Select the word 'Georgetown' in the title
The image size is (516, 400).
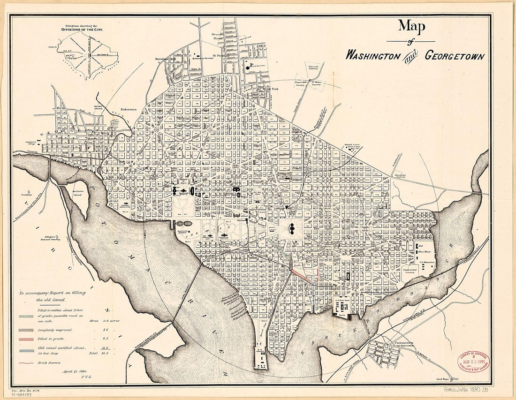point(455,55)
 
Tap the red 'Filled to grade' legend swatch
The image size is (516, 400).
point(25,338)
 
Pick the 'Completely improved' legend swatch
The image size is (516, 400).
point(25,330)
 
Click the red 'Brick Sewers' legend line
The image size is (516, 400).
point(25,362)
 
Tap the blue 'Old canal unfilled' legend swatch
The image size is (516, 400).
point(25,350)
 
